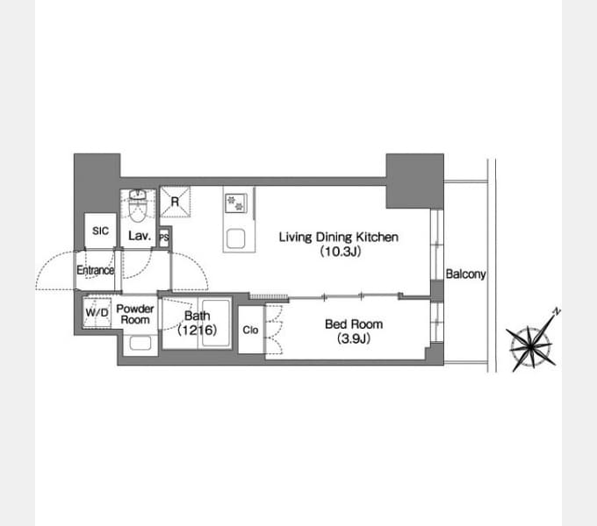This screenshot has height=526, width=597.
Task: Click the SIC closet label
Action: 100,231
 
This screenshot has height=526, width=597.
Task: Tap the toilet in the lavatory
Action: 137,207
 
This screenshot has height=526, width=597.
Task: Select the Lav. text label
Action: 140,236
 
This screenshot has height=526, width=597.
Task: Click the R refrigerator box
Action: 175,202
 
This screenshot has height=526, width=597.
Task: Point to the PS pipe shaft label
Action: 164,238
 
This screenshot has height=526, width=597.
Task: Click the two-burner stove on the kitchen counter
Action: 235,203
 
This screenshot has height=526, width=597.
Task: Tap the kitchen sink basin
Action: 235,238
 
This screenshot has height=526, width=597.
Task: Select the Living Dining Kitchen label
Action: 339,238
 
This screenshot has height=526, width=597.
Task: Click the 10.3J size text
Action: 340,252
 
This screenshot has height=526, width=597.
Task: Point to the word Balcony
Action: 465,274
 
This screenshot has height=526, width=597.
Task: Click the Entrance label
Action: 95,270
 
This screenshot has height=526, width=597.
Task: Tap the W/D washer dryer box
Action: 97,312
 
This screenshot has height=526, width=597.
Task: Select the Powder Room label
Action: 135,315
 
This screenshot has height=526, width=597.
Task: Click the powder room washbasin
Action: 140,343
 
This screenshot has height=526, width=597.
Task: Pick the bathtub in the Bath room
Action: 215,323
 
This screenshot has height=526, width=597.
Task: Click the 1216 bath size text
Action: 198,330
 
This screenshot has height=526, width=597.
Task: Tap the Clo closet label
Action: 250,330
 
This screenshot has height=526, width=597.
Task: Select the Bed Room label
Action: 354,324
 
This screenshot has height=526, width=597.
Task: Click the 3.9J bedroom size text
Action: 354,338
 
